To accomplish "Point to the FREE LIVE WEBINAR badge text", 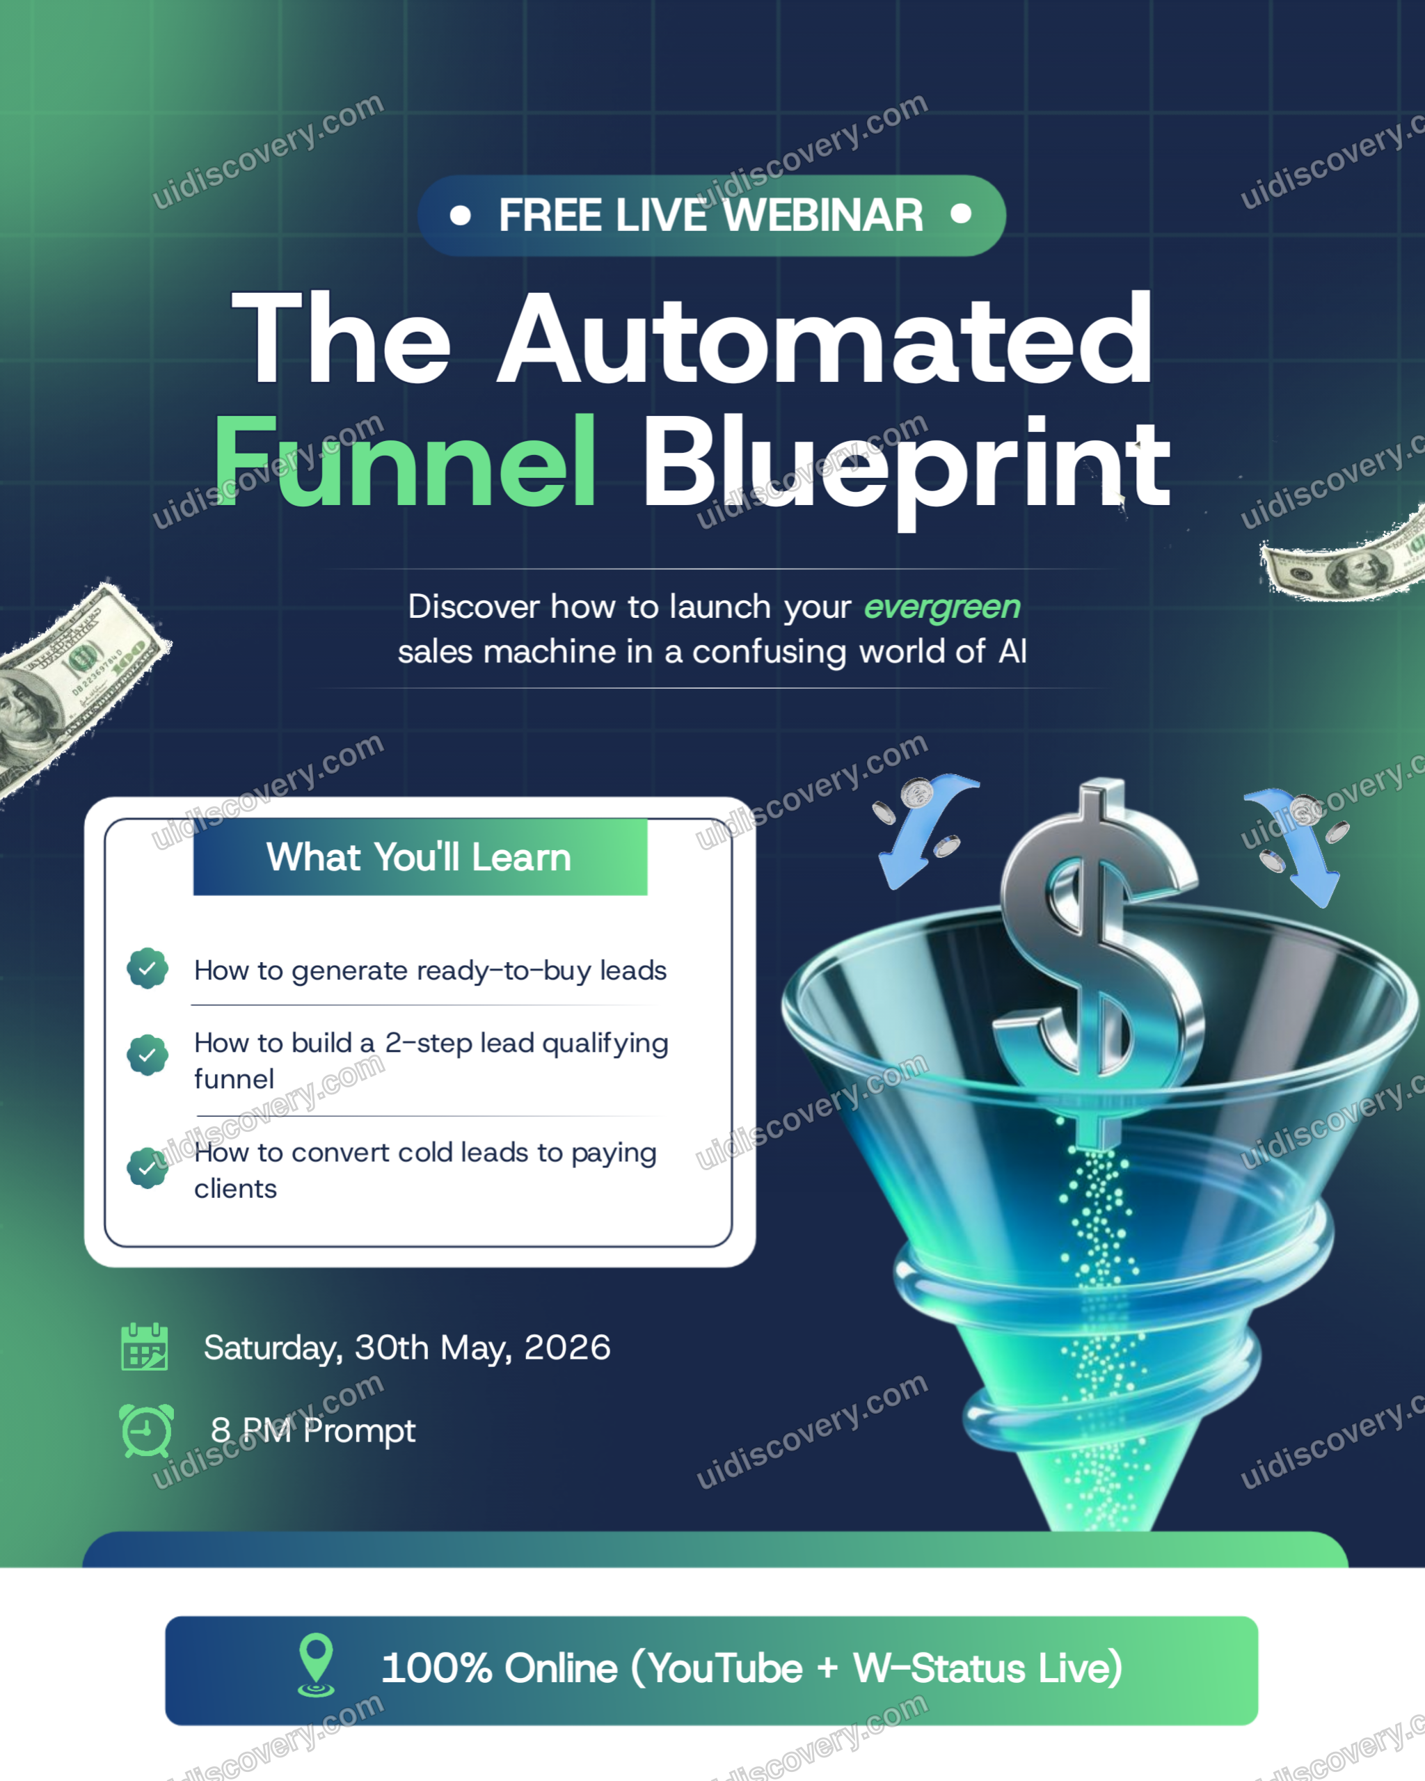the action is (x=710, y=216).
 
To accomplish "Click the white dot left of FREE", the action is (x=460, y=216).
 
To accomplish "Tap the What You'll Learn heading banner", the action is (x=420, y=856).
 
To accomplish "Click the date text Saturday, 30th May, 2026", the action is (x=407, y=1348).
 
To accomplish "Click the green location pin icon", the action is (x=316, y=1666).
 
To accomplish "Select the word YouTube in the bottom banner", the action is (x=724, y=1669).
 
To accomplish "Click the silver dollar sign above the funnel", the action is (x=1099, y=958).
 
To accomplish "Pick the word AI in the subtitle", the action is (x=1013, y=652).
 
